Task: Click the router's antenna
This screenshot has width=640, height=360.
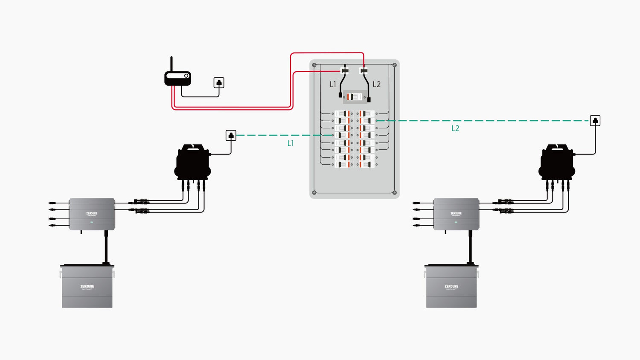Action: [x=172, y=64]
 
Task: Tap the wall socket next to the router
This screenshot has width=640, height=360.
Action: [x=219, y=83]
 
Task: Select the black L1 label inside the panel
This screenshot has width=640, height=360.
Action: [x=333, y=84]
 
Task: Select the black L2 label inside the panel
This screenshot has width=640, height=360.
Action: [x=376, y=84]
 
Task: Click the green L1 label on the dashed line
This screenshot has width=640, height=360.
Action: [x=291, y=143]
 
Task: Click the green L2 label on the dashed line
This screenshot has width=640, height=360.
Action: [x=455, y=128]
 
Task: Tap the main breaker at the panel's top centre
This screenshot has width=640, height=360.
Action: [x=355, y=97]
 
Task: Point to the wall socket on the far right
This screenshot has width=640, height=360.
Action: [x=595, y=121]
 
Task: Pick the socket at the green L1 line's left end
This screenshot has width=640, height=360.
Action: [x=231, y=136]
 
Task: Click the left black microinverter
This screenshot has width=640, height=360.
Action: [x=193, y=163]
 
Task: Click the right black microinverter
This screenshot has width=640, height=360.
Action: [x=557, y=163]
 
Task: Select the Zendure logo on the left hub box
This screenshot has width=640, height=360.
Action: [x=92, y=214]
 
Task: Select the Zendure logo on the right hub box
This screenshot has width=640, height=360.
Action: [x=456, y=214]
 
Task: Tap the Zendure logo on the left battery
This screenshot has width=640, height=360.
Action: [x=87, y=287]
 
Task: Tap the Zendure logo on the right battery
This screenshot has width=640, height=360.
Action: [x=451, y=287]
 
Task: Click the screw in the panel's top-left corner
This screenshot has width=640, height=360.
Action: [x=314, y=65]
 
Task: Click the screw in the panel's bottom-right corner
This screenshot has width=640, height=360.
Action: [x=394, y=192]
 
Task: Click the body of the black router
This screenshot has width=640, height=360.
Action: [x=177, y=78]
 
